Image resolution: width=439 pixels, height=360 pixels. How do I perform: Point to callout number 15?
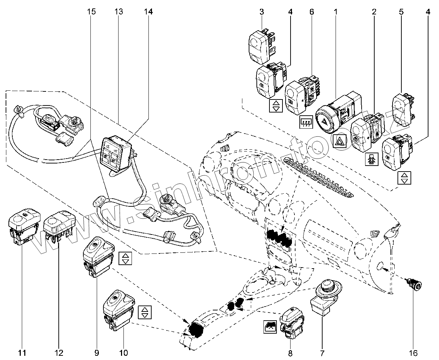[x=91, y=12]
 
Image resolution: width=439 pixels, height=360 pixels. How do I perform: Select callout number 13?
[x=119, y=12]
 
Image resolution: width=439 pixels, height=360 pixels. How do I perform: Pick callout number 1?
[x=336, y=12]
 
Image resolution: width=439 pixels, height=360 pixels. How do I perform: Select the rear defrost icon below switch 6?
[x=306, y=122]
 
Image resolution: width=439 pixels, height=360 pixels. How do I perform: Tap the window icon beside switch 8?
[x=271, y=327]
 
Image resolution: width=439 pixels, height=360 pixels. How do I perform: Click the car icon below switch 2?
[x=372, y=160]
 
